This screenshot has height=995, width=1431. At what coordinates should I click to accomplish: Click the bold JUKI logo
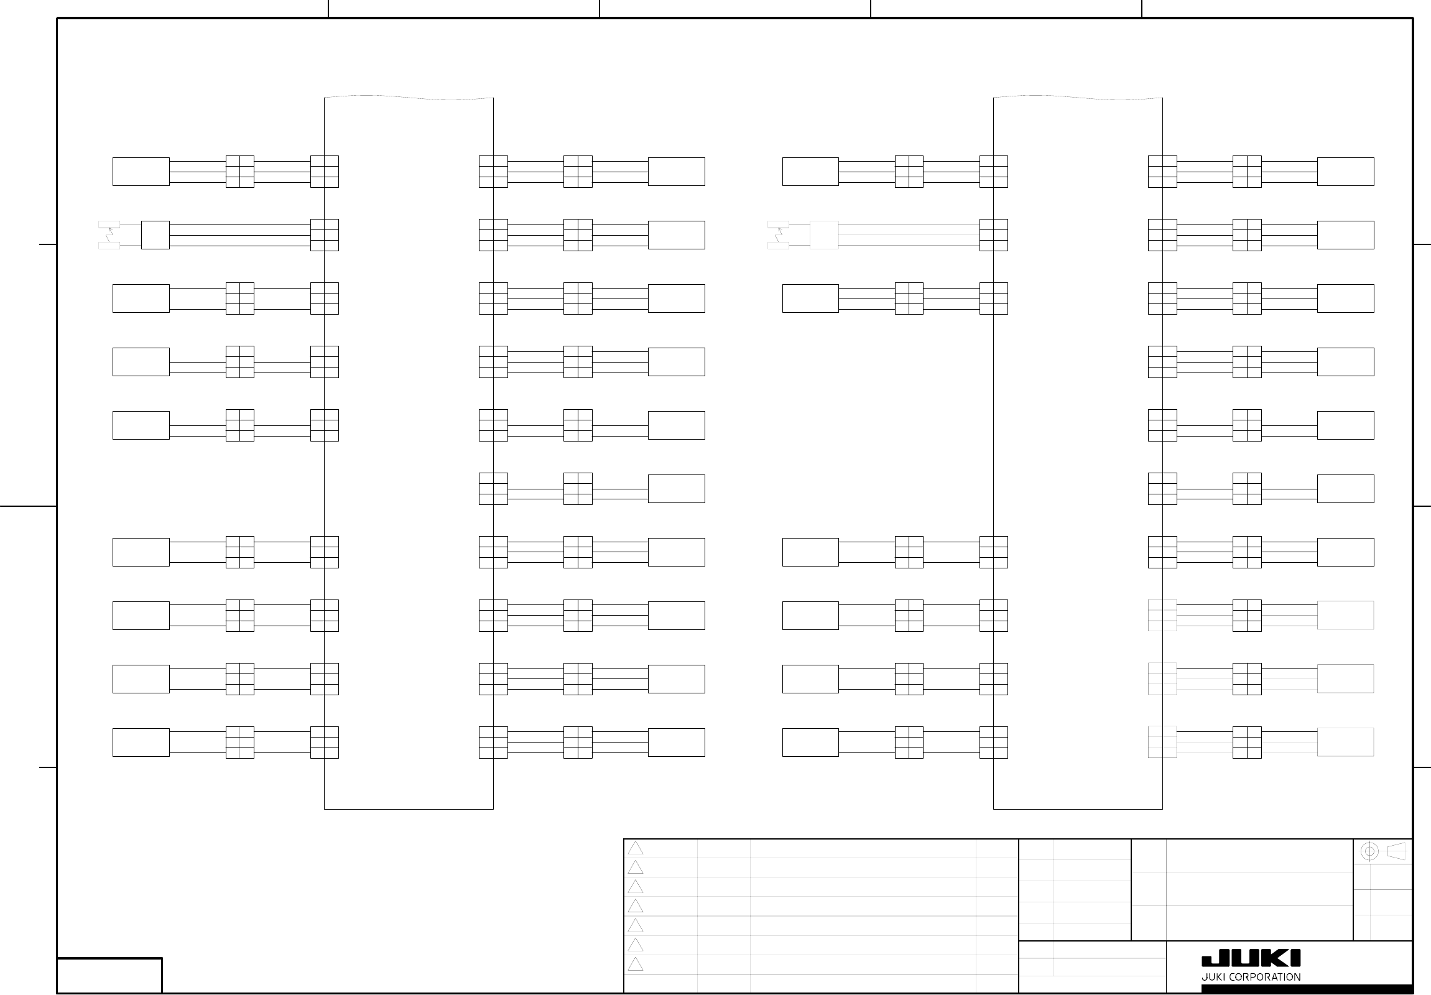pos(1251,958)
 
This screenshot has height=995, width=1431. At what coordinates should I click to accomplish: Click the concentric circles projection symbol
pos(1369,852)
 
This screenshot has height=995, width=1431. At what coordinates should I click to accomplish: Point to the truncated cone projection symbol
pos(1396,852)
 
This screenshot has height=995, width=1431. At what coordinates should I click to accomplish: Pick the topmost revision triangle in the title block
pos(635,848)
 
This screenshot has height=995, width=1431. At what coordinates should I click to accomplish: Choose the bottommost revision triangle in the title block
pos(635,965)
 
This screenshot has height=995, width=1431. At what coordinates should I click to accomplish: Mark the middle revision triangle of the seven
pos(635,906)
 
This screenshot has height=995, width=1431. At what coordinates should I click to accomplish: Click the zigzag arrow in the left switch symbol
pos(110,235)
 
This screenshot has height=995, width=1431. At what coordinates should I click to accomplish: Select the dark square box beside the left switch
pos(155,235)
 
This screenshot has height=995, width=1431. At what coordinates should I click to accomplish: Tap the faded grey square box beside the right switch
pos(824,235)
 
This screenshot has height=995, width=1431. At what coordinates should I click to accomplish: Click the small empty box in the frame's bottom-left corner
pos(109,975)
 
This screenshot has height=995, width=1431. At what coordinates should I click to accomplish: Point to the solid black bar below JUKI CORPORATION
pos(1307,989)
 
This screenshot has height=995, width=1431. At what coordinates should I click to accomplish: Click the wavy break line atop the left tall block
pos(409,97)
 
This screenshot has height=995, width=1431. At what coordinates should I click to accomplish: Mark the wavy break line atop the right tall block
pos(1078,97)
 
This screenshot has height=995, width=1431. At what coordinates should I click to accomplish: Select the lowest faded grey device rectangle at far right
pos(1345,742)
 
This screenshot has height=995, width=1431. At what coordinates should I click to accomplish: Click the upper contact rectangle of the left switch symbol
pos(109,224)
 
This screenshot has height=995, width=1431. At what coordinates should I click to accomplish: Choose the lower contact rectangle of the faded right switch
pos(778,246)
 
